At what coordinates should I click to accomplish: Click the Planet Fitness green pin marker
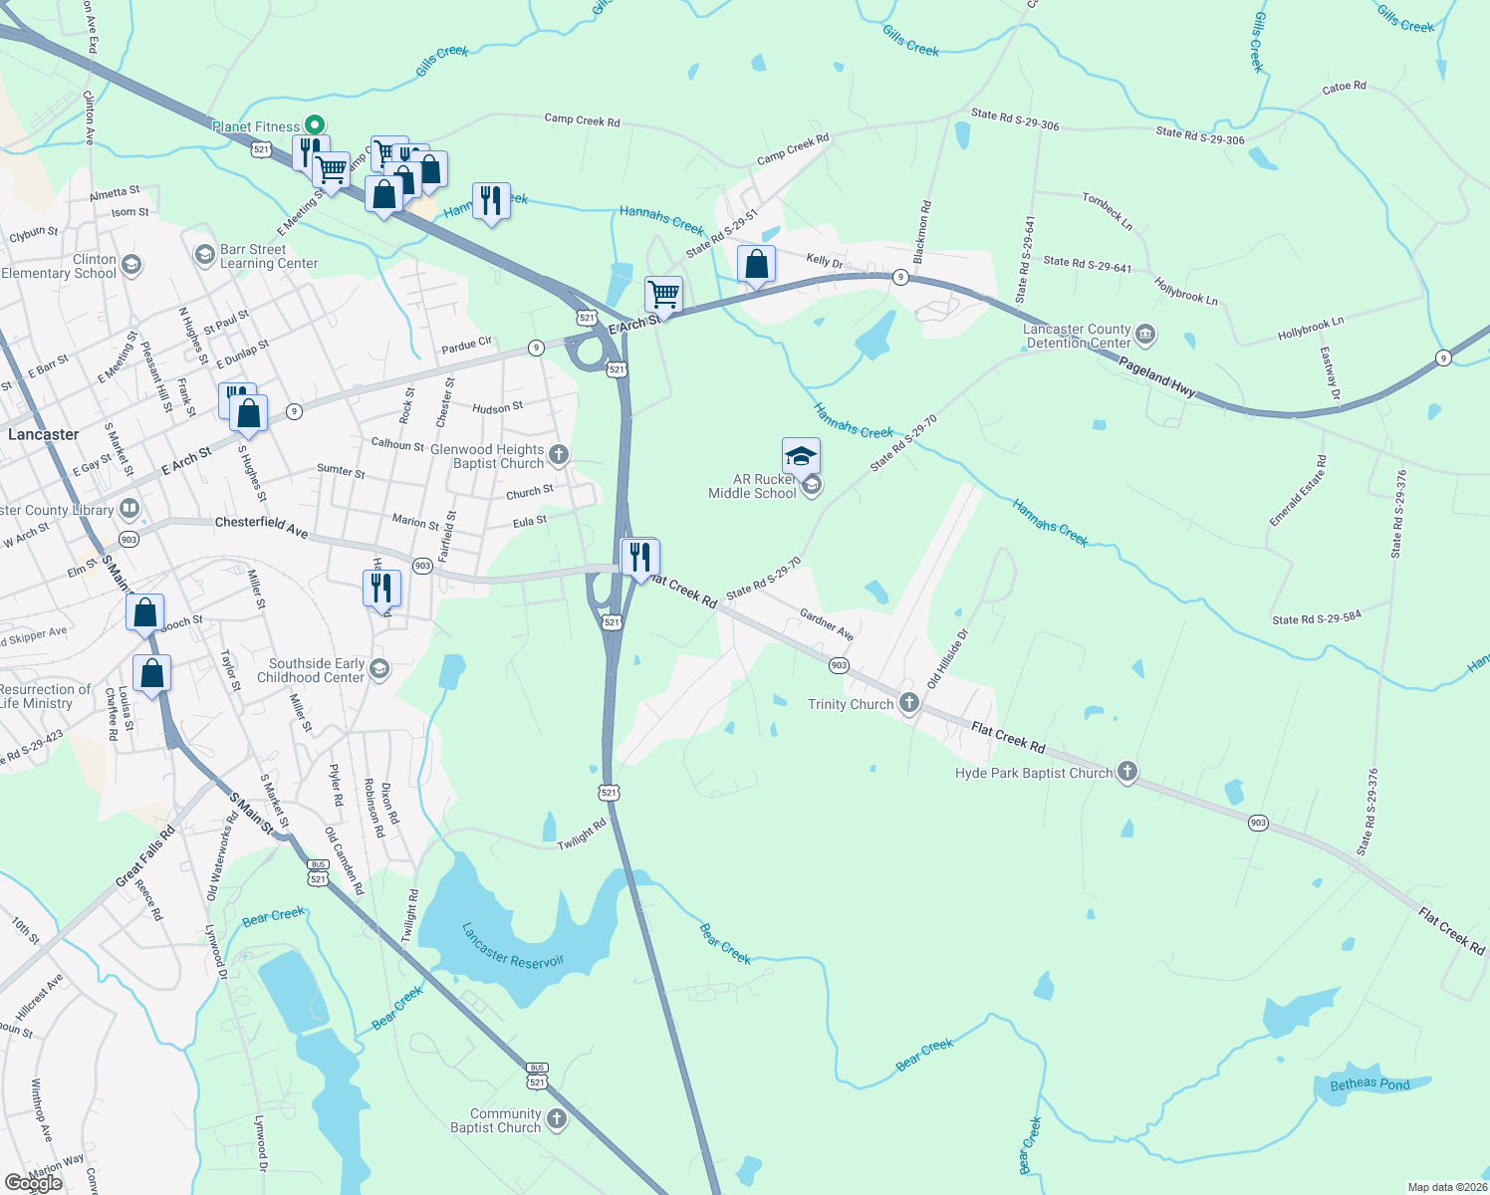click(315, 125)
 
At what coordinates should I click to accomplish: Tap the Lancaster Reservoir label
click(513, 947)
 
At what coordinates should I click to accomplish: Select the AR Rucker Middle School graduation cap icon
click(801, 456)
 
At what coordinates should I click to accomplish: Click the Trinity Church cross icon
click(908, 703)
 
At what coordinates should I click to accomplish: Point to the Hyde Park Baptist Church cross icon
click(1126, 772)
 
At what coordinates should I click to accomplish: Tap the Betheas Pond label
click(1369, 1083)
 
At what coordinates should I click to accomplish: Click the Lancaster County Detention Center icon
click(1145, 335)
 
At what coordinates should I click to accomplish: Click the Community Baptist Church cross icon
click(556, 1119)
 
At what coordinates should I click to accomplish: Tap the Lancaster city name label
click(43, 434)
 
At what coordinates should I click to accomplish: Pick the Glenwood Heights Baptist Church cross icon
click(558, 456)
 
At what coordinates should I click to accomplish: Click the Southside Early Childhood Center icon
click(378, 669)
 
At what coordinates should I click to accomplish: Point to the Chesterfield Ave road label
click(262, 526)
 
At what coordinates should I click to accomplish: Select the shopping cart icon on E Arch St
click(663, 295)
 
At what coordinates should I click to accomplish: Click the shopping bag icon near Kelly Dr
click(756, 265)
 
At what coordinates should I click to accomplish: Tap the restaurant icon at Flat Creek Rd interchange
click(639, 556)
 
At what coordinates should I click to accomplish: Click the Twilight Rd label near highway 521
click(582, 835)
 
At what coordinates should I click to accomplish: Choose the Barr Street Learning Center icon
click(205, 256)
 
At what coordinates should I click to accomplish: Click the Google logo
click(34, 1183)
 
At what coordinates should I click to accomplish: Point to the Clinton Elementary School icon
click(131, 266)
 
